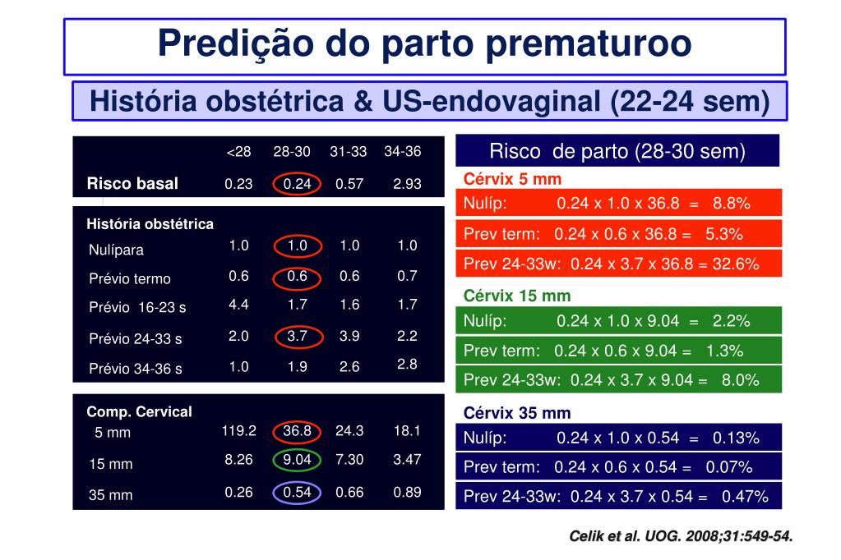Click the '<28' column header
[x=238, y=152]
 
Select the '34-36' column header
[x=402, y=152]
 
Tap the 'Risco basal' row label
[x=132, y=183]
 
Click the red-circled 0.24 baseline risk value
[x=297, y=184]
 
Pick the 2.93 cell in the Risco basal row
[x=407, y=184]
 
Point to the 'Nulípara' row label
[x=116, y=250]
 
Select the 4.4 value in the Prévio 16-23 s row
[x=238, y=305]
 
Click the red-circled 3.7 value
[x=297, y=336]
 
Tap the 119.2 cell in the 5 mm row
[x=238, y=430]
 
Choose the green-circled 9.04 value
[x=297, y=460]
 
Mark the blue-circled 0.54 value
[x=297, y=492]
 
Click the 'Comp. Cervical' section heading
[x=139, y=412]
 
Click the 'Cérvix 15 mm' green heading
[x=517, y=296]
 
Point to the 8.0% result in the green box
[x=740, y=379]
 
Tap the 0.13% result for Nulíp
[x=736, y=438]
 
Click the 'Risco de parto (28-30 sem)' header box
[x=617, y=151]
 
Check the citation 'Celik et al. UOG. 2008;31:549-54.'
[x=682, y=537]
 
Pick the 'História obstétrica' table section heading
[x=150, y=224]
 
